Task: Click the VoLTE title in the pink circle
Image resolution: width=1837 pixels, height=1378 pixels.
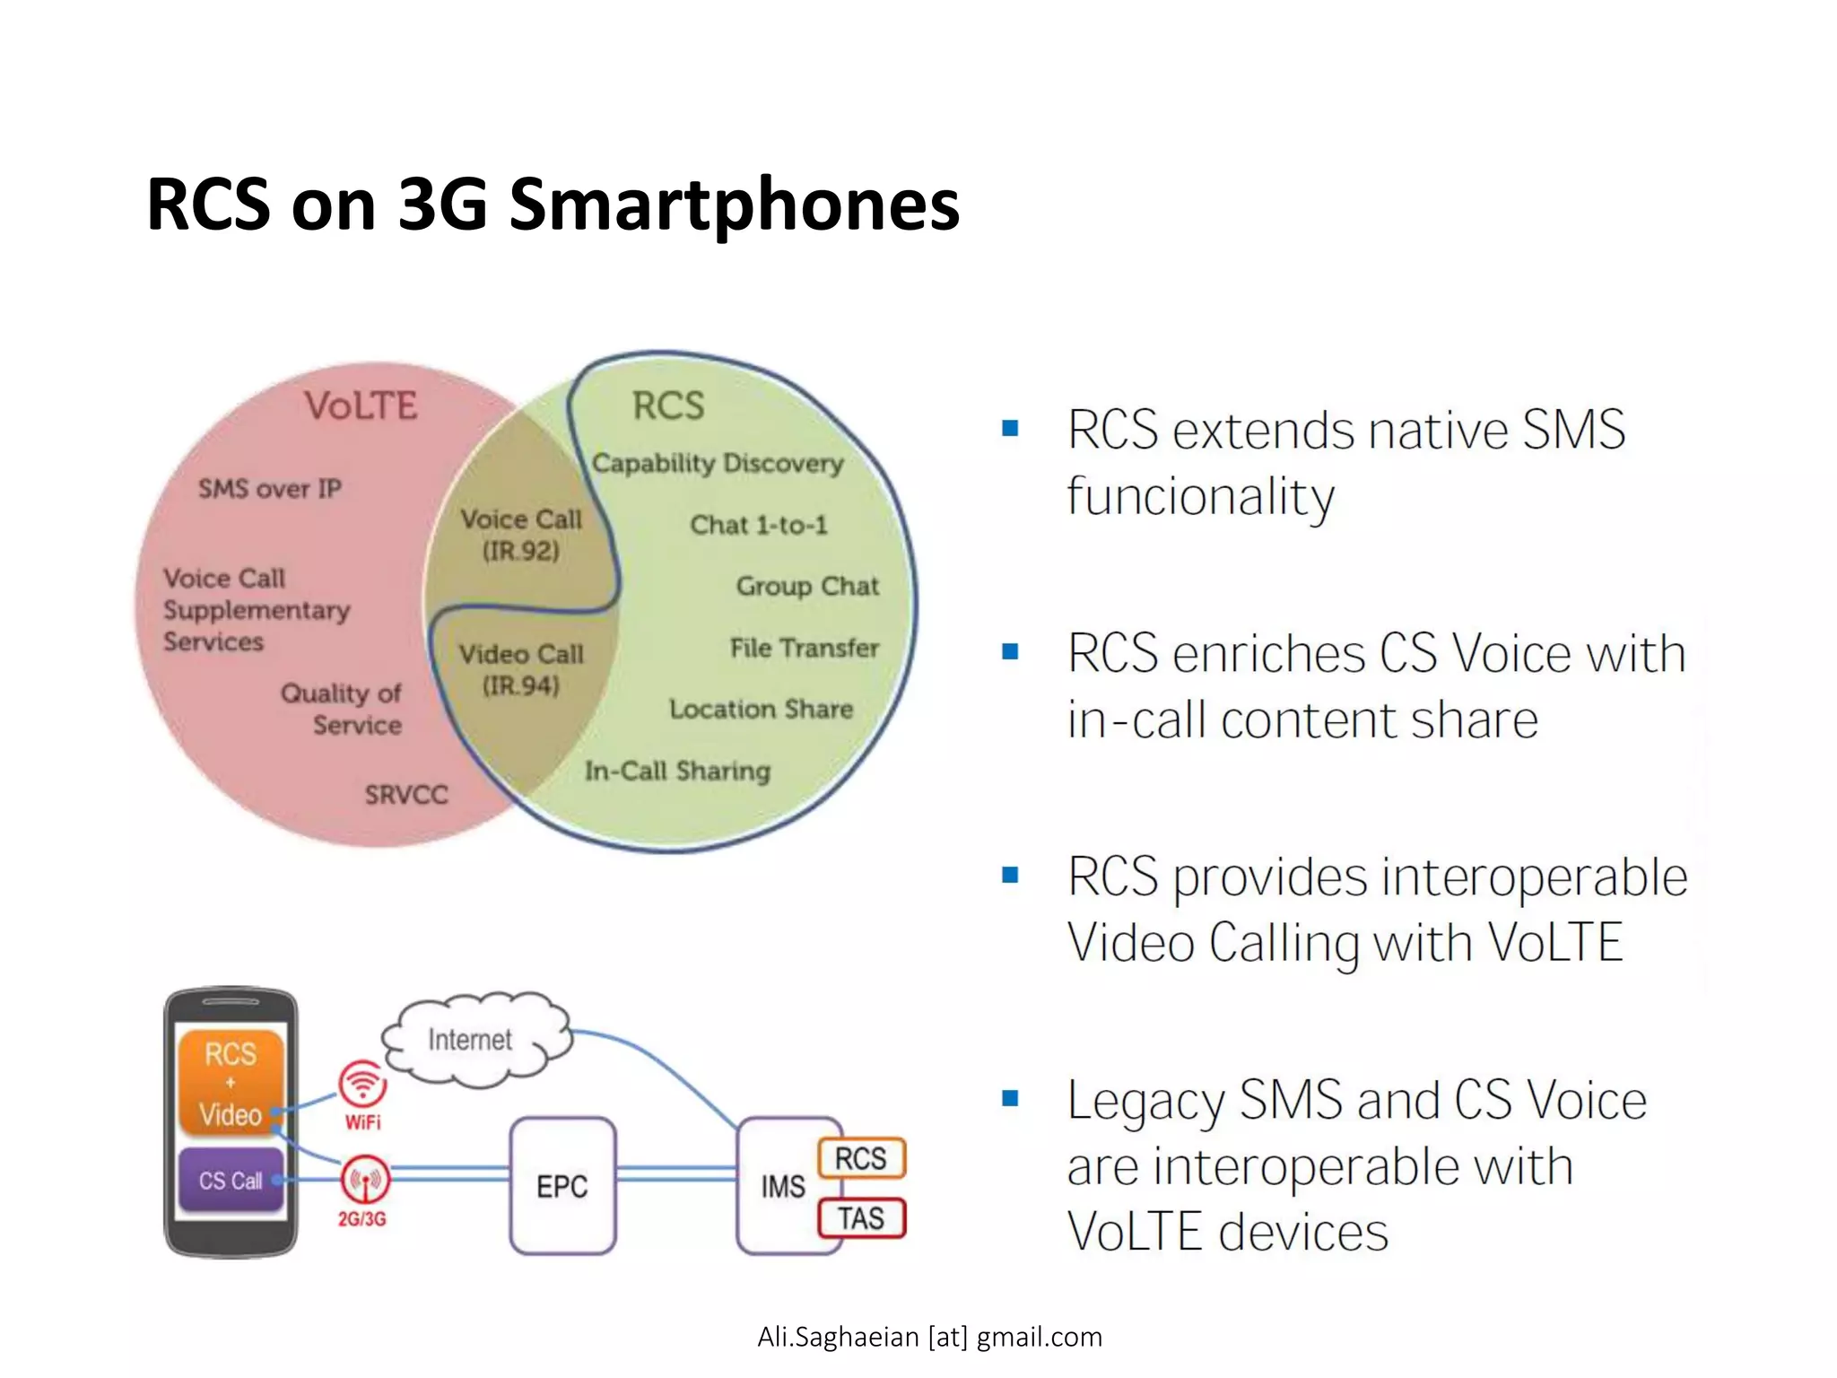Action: (361, 406)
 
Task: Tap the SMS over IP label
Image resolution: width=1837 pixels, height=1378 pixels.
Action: (269, 488)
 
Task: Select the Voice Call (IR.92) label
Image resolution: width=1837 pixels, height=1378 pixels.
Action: (521, 535)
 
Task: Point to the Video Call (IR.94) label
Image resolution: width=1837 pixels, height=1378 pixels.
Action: (521, 669)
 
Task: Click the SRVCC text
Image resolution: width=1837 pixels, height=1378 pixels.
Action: (405, 795)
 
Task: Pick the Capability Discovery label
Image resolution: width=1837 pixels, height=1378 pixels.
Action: (718, 463)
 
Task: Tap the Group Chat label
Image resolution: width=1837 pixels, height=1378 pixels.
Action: (807, 586)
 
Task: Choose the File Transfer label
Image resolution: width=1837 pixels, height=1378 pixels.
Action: (804, 648)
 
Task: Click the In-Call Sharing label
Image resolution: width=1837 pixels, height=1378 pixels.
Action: (677, 771)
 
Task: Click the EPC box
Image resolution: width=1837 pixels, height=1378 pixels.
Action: (562, 1185)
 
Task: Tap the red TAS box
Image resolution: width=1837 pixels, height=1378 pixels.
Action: (861, 1218)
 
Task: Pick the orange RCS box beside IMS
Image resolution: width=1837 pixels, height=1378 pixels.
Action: (861, 1158)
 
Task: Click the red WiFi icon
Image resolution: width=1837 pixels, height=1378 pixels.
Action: (362, 1085)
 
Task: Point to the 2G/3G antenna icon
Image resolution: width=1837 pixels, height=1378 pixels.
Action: (364, 1180)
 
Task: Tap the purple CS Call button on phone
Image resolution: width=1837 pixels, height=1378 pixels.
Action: (231, 1180)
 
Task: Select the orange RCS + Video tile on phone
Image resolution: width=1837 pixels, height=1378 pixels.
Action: (231, 1084)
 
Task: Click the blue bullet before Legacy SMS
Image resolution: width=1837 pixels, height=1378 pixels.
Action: (1010, 1098)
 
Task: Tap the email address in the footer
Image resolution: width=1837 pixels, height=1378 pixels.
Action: (929, 1337)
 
